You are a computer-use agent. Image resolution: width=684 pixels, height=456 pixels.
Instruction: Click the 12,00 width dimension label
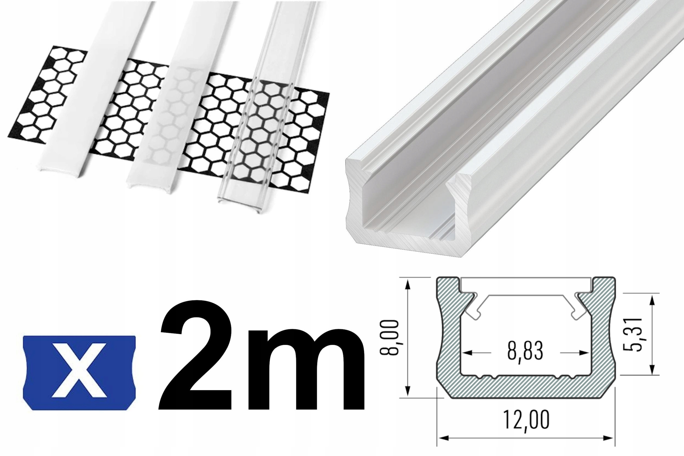click(x=526, y=420)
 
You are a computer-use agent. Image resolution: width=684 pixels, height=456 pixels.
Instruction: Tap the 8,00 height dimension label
click(x=389, y=337)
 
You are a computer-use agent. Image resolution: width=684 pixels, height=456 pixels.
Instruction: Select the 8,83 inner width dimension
click(x=526, y=352)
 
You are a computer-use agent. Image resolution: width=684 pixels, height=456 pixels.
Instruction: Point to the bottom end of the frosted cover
click(x=151, y=185)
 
